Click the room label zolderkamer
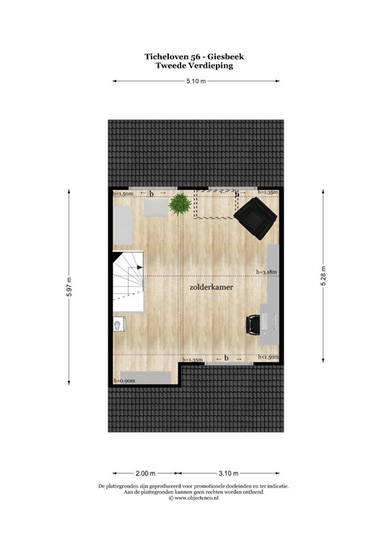pyautogui.click(x=211, y=286)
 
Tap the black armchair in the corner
pyautogui.click(x=256, y=218)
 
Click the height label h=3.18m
pyautogui.click(x=267, y=272)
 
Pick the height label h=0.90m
pyautogui.click(x=125, y=380)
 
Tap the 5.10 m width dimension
pyautogui.click(x=196, y=82)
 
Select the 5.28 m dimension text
pyautogui.click(x=323, y=275)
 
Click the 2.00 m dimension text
pyautogui.click(x=145, y=473)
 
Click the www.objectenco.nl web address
pyautogui.click(x=196, y=498)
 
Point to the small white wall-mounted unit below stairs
pyautogui.click(x=118, y=327)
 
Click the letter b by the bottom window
pyautogui.click(x=226, y=358)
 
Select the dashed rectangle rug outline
pyautogui.click(x=216, y=204)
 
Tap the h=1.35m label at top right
pyautogui.click(x=267, y=193)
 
